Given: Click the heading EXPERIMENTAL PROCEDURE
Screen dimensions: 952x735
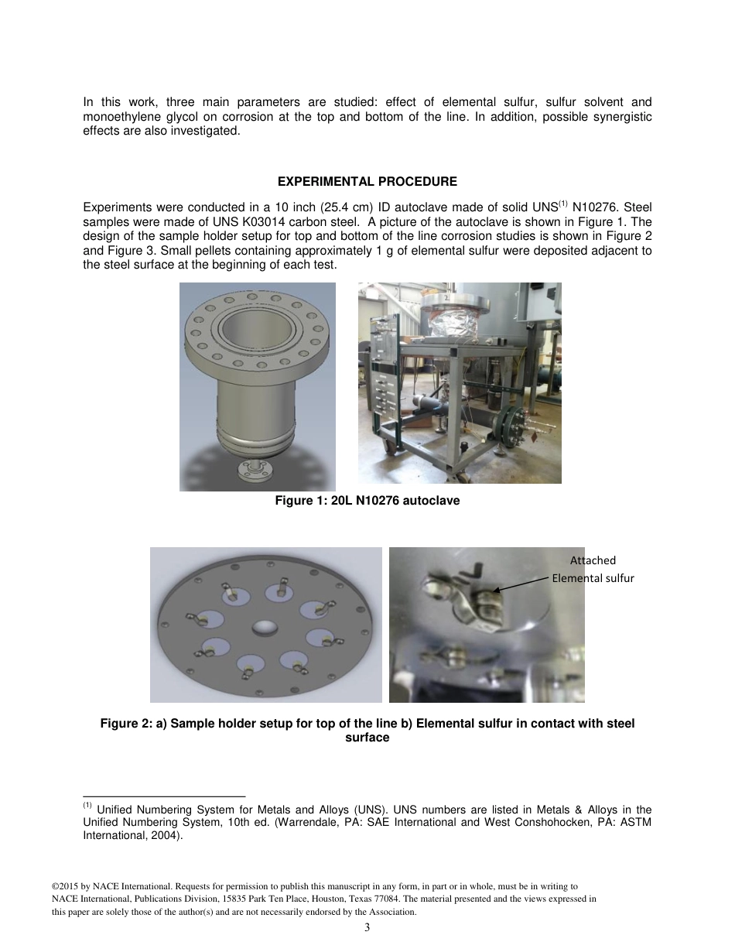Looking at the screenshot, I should tap(367, 182).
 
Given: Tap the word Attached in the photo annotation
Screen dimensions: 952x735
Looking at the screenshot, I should tap(593, 560).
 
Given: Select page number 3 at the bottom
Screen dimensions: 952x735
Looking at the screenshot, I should tap(367, 928).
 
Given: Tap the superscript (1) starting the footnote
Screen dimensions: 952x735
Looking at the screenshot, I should tap(87, 805).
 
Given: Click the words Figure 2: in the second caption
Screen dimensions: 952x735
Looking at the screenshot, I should tap(125, 724).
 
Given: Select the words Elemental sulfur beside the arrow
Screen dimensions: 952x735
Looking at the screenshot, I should tap(593, 578).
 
